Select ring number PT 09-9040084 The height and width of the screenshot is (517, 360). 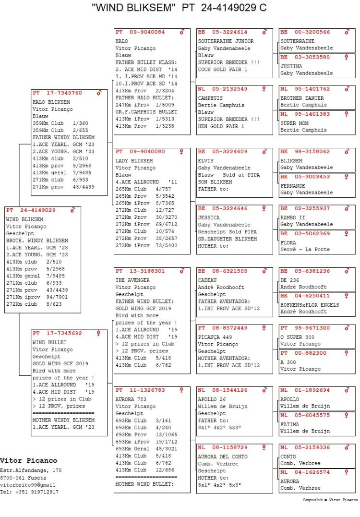pos(140,32)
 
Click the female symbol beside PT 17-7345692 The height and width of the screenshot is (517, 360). pos(99,333)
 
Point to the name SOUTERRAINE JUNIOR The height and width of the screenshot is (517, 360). pos(226,41)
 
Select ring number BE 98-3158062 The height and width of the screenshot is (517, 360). pos(305,152)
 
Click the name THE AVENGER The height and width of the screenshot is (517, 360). pos(132,280)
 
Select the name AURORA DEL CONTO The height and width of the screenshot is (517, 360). pos(222,457)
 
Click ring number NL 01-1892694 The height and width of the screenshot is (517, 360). pos(305,390)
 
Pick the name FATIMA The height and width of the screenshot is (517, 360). pos(289,424)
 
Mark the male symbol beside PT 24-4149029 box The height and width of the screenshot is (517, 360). pos(73,210)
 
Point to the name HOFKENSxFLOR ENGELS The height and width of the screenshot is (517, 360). pos(310,305)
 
